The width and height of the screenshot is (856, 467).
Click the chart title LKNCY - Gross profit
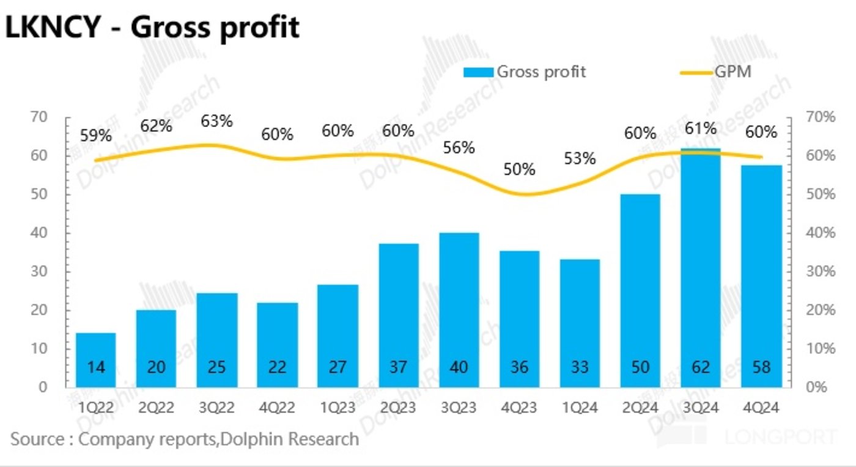click(152, 28)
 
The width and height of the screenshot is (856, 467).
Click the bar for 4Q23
click(519, 318)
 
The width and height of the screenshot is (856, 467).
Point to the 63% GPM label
click(217, 121)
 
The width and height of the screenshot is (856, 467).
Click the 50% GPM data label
click(519, 169)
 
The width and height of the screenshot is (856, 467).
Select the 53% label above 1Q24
click(579, 159)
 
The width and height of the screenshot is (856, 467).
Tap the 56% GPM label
click(459, 148)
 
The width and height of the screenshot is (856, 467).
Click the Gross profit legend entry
click(525, 72)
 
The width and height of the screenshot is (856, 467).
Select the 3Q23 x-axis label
click(459, 408)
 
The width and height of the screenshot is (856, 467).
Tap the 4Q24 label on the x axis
click(761, 408)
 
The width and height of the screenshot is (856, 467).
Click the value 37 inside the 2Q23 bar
click(398, 367)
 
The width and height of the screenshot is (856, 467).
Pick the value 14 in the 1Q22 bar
click(95, 367)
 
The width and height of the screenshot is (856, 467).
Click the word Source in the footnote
click(37, 439)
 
